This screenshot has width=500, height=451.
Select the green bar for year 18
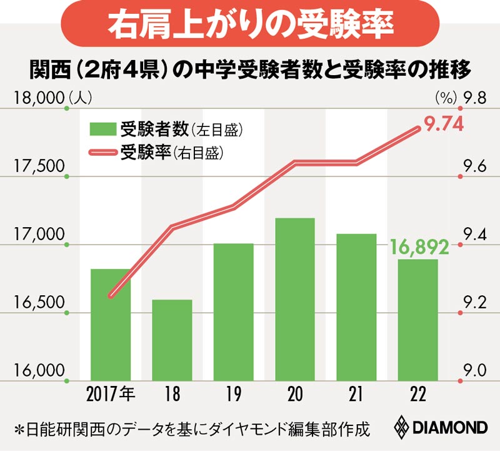coord(172,341)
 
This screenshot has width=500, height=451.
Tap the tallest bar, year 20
coord(294,300)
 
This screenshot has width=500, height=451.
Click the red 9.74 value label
coord(443,124)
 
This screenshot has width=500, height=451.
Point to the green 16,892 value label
coord(419,248)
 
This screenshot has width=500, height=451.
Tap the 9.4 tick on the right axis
coord(475,235)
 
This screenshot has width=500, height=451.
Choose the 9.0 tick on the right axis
coord(475,370)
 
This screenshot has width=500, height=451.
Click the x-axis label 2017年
coord(111,395)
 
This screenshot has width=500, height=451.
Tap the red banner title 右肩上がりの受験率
coord(250,24)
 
